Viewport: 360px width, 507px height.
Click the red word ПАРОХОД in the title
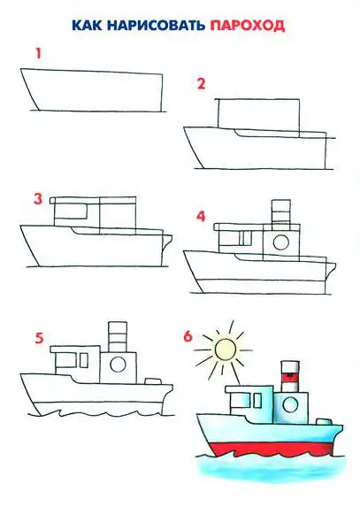tap(247, 26)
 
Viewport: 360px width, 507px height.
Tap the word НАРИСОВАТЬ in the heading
tap(156, 26)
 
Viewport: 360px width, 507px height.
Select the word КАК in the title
tap(87, 26)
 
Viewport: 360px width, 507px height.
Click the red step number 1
tap(38, 53)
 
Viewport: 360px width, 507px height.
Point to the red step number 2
tap(201, 84)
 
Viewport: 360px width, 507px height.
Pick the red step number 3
tap(38, 198)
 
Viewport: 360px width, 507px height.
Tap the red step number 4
tap(201, 216)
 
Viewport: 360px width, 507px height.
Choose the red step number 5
tap(39, 339)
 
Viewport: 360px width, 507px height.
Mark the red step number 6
tap(188, 336)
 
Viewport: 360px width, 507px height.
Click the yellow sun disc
tap(226, 350)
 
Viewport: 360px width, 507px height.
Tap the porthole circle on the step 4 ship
tap(280, 242)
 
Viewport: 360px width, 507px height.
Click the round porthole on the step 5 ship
tap(118, 365)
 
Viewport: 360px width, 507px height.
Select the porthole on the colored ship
tap(290, 404)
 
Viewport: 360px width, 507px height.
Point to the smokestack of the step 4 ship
tap(280, 211)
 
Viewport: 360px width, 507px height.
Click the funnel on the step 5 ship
tap(118, 336)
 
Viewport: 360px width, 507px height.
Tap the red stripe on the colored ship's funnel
tap(290, 376)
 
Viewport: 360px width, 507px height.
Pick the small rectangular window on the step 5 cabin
tap(84, 360)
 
